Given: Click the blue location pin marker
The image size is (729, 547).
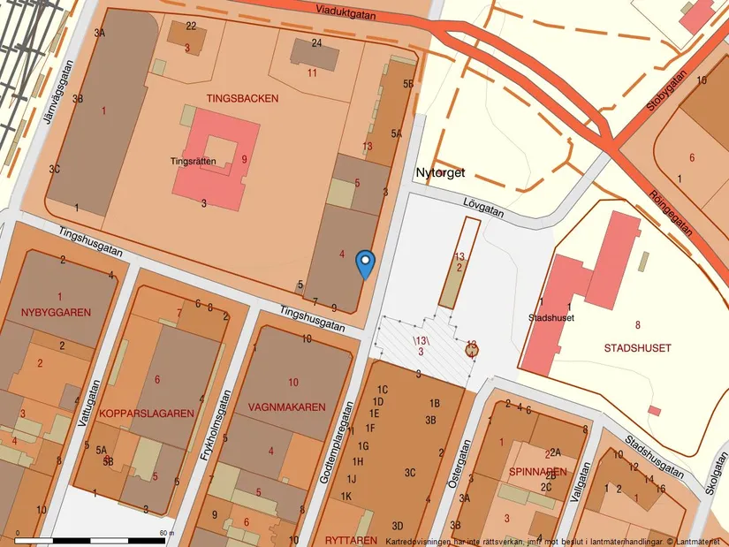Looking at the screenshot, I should pyautogui.click(x=365, y=263).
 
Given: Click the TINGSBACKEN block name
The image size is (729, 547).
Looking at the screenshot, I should pyautogui.click(x=242, y=98).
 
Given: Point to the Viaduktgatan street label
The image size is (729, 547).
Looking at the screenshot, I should pyautogui.click(x=345, y=11).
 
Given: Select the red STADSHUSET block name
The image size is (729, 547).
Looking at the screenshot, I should pyautogui.click(x=637, y=348).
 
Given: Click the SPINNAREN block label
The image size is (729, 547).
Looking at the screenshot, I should pyautogui.click(x=537, y=472).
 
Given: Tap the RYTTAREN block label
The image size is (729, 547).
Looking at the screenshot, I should pyautogui.click(x=351, y=539).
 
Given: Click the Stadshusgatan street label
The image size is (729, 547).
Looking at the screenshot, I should pyautogui.click(x=655, y=453).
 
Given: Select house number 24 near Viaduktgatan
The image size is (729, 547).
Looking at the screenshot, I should pyautogui.click(x=316, y=43).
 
